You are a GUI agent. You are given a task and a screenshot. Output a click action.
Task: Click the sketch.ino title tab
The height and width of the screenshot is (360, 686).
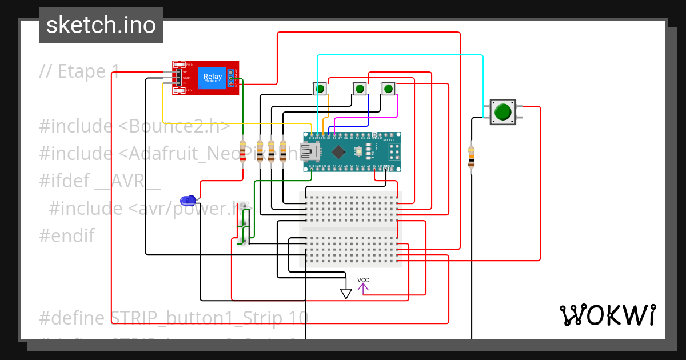pyautogui.click(x=101, y=25)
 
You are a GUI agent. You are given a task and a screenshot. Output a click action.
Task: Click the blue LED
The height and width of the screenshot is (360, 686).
pyautogui.click(x=187, y=200)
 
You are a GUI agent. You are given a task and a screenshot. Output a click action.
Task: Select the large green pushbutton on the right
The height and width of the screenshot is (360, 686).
pyautogui.click(x=502, y=111)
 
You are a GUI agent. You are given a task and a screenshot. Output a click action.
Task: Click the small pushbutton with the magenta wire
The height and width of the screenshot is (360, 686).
pyautogui.click(x=388, y=89)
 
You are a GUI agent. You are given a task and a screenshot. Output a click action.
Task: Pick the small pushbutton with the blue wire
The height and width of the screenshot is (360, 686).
pyautogui.click(x=359, y=89)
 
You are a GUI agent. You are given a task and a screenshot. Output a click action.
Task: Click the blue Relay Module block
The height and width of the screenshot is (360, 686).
pyautogui.click(x=213, y=77)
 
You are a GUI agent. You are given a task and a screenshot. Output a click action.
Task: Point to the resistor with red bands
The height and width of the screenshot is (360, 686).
pyautogui.click(x=243, y=151)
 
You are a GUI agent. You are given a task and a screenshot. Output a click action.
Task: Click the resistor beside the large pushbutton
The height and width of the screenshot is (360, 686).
pyautogui.click(x=471, y=157)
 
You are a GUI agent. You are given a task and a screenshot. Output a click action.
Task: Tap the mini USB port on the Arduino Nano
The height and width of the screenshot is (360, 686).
pyautogui.click(x=312, y=152)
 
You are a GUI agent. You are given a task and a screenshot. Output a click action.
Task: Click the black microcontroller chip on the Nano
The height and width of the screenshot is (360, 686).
pyautogui.click(x=339, y=152)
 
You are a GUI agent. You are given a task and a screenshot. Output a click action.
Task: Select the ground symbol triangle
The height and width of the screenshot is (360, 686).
pyautogui.click(x=345, y=293)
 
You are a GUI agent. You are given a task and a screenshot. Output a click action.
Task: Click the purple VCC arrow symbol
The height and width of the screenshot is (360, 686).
pyautogui.click(x=363, y=287)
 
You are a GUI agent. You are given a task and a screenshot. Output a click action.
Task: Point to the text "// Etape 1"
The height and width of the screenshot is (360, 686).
pyautogui.click(x=80, y=71)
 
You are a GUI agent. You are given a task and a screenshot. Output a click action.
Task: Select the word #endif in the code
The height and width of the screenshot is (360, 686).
pyautogui.click(x=67, y=235)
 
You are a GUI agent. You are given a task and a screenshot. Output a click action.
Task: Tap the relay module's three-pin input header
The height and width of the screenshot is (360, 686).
pyautogui.click(x=177, y=78)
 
